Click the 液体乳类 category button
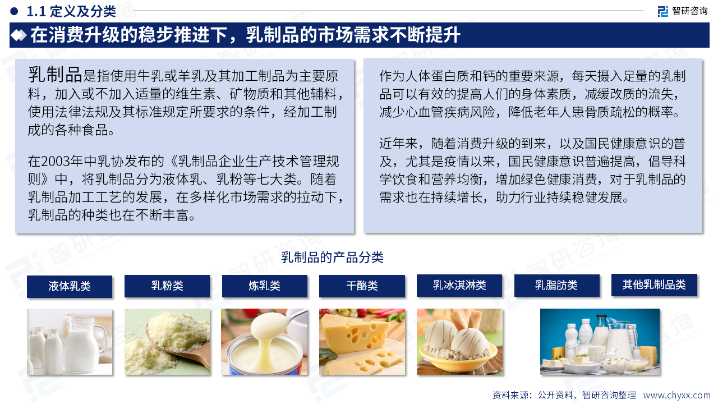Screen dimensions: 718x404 (x=70, y=286)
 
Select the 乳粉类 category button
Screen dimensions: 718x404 (x=167, y=286)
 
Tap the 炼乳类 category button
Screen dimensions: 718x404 (x=264, y=286)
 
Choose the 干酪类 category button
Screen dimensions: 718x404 (x=362, y=286)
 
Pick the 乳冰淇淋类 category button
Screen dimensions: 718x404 (x=459, y=286)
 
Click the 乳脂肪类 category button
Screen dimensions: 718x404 (x=557, y=286)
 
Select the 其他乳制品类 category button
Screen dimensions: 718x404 (x=654, y=284)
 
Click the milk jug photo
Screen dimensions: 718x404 (x=70, y=342)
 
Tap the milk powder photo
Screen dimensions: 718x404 (x=167, y=342)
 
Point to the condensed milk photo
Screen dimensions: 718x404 (x=264, y=342)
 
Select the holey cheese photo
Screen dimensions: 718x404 (x=362, y=342)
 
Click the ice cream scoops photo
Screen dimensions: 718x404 (x=459, y=342)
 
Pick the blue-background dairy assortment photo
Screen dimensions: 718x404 (x=600, y=342)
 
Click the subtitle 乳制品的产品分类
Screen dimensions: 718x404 (x=333, y=258)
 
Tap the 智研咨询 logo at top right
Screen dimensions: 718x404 (x=683, y=11)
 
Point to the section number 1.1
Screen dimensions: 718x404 (x=36, y=12)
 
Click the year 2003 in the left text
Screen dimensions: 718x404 (x=56, y=161)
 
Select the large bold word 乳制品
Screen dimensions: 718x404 (x=55, y=75)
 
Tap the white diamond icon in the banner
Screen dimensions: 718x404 (x=19, y=35)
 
